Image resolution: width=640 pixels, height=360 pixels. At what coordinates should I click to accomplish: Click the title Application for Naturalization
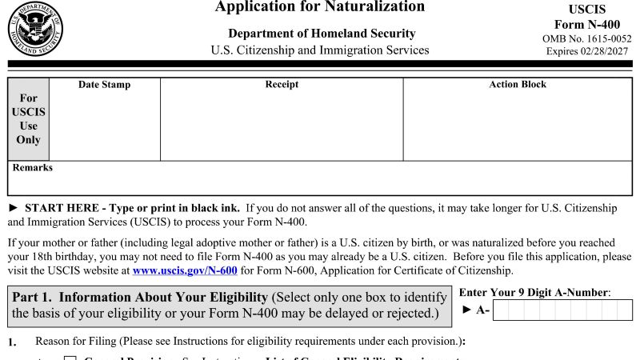[x=320, y=7]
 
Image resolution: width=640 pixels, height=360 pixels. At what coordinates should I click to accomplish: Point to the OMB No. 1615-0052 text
[x=586, y=38]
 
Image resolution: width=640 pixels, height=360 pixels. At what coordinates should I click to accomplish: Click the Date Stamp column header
[x=104, y=85]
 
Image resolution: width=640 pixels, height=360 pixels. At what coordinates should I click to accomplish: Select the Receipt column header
[x=282, y=85]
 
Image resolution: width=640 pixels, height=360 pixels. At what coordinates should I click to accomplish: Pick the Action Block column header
[x=518, y=85]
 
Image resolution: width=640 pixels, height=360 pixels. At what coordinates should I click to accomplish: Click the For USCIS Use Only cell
[x=28, y=119]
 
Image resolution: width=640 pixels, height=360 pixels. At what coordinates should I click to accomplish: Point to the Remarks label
[x=33, y=168]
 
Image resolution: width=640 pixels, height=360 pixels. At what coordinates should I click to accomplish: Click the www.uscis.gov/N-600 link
[x=185, y=271]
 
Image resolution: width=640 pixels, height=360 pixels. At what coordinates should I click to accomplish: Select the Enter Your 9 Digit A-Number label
[x=534, y=293]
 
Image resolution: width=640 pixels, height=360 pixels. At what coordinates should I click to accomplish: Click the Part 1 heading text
[x=140, y=298]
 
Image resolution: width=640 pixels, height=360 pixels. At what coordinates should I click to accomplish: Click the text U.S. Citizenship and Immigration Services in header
[x=320, y=50]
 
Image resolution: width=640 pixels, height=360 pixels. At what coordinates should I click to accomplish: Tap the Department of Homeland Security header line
[x=322, y=34]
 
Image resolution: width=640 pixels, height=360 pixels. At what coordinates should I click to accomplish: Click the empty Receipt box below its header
[x=282, y=124]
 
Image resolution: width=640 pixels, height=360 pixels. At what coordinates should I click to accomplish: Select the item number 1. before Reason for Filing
[x=13, y=342]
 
